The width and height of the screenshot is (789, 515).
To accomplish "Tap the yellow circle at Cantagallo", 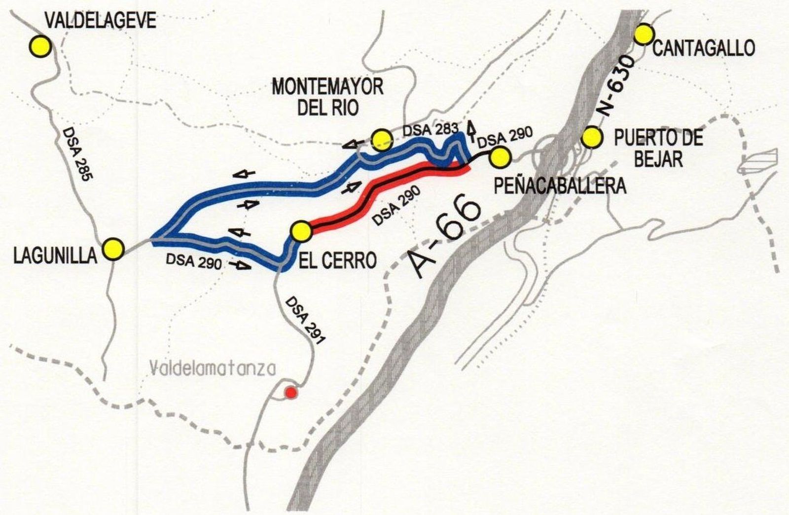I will coord(644,35).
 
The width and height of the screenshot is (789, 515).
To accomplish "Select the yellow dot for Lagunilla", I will coord(113,249).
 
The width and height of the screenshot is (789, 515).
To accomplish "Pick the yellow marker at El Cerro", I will coord(301,231).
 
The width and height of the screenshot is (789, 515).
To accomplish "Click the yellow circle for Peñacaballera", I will coord(500,156).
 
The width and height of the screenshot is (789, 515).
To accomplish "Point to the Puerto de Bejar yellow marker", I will coord(591,138).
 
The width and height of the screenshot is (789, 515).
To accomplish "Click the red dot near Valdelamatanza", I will coord(291,393).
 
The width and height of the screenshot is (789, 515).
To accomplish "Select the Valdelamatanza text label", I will coord(213,368).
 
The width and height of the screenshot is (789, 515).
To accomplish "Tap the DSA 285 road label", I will coord(77,153).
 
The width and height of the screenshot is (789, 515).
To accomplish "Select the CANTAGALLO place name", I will coord(704,48).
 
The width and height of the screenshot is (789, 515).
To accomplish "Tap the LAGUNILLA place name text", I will coord(55,256).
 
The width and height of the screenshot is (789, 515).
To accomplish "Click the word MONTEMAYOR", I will coord(327,87).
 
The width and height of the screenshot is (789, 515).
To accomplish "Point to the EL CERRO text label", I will coord(338,260).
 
